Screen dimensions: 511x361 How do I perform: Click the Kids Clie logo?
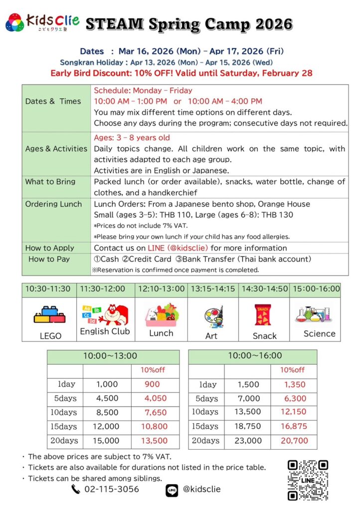(42, 22)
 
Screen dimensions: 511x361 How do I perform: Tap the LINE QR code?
(308, 480)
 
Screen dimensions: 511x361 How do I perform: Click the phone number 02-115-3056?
(112, 489)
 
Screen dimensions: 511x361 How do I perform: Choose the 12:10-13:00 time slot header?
(161, 289)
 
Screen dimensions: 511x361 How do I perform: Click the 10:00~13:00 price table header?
(113, 356)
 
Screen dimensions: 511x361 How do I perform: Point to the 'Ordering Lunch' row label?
(53, 204)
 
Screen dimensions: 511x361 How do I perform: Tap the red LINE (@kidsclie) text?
(178, 248)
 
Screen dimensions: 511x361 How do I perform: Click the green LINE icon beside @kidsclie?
(172, 490)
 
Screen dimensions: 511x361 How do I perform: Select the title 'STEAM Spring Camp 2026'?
(189, 23)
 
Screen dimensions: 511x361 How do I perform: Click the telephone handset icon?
(76, 490)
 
